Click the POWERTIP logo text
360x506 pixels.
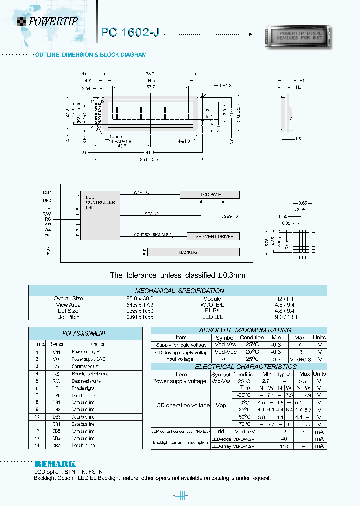pyautogui.click(x=53, y=21)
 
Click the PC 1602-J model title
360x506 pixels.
pyautogui.click(x=130, y=33)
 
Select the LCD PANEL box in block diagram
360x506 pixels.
pyautogui.click(x=212, y=194)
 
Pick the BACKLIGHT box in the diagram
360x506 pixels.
pyautogui.click(x=191, y=252)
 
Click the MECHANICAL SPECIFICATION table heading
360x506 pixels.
pyautogui.click(x=179, y=290)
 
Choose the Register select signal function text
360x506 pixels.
pyautogui.click(x=90, y=373)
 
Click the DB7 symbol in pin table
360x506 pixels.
pyautogui.click(x=56, y=445)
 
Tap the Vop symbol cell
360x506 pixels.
pyautogui.click(x=220, y=405)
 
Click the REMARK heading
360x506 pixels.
pyautogui.click(x=55, y=464)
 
